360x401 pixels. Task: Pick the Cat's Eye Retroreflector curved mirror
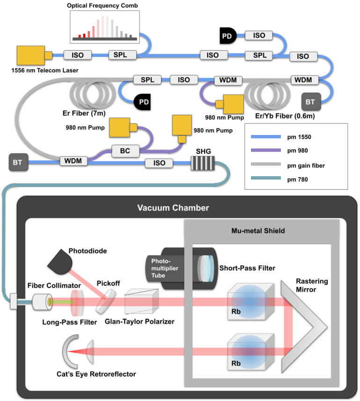(70, 351)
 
